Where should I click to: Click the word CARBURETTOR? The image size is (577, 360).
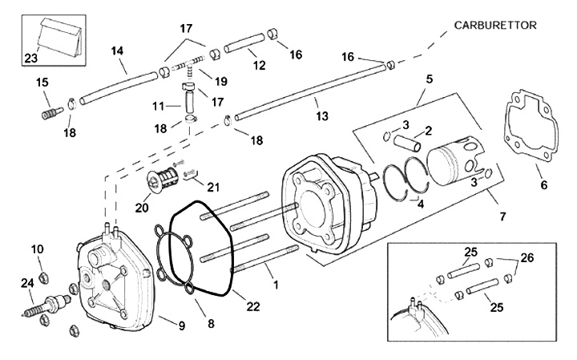(x=495, y=26)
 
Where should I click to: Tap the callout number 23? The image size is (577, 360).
(x=31, y=58)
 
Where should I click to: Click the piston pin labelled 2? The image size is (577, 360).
(x=407, y=143)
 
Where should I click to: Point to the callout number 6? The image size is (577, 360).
(x=543, y=184)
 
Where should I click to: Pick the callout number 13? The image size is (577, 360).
(x=322, y=116)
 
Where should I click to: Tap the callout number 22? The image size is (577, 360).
(x=253, y=306)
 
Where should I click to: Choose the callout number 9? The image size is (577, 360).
(x=182, y=326)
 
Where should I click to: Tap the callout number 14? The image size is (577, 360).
(x=117, y=51)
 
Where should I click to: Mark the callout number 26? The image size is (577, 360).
(x=527, y=257)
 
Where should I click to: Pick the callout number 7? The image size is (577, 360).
(x=502, y=216)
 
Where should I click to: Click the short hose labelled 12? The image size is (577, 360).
(x=244, y=42)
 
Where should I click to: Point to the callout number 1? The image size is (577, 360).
(x=276, y=284)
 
